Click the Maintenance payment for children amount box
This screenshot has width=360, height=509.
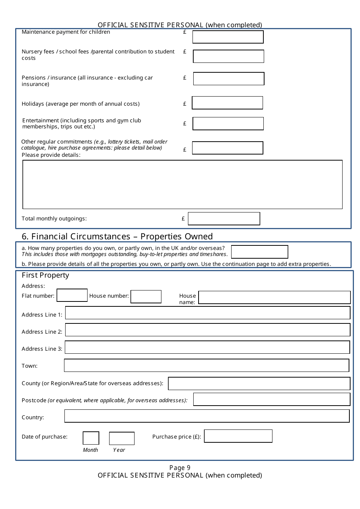[228, 37]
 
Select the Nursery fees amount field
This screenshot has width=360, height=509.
[228, 56]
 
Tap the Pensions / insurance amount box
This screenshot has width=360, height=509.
[229, 79]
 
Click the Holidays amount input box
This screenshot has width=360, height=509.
[227, 103]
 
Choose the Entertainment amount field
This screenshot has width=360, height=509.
[228, 124]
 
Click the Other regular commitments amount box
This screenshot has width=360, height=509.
[227, 148]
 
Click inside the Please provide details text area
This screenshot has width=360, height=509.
[182, 184]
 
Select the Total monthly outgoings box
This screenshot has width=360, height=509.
[224, 219]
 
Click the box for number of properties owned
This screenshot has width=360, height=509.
[260, 252]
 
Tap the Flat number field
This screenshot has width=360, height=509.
[72, 295]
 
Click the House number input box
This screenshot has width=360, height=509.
[146, 297]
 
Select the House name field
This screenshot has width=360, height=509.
[274, 297]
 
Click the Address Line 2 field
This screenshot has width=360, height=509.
[208, 330]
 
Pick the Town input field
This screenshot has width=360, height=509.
[207, 365]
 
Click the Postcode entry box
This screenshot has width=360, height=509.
[272, 399]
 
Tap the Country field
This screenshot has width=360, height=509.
[207, 416]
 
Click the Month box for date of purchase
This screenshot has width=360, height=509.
[91, 438]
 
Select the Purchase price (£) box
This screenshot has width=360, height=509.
[238, 436]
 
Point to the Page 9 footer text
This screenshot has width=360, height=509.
[180, 468]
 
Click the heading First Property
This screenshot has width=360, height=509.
[45, 275]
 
